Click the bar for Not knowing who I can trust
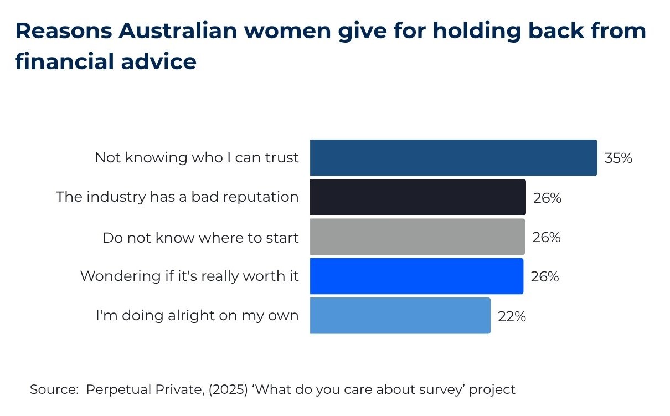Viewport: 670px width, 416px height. pyautogui.click(x=453, y=158)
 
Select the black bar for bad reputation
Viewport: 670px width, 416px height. pyautogui.click(x=418, y=197)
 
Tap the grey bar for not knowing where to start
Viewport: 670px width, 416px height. pyautogui.click(x=417, y=237)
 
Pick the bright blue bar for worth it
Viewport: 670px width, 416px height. pyautogui.click(x=416, y=276)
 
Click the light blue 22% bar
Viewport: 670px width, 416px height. pyautogui.click(x=400, y=316)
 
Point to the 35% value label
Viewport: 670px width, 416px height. pyautogui.click(x=618, y=158)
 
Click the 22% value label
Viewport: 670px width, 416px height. pyautogui.click(x=512, y=317)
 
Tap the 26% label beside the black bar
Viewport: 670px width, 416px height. pyautogui.click(x=547, y=198)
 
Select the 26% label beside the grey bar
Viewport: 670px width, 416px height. pyautogui.click(x=547, y=238)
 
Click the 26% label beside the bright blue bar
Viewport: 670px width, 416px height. pyautogui.click(x=545, y=276)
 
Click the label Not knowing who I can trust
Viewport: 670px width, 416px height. pyautogui.click(x=197, y=158)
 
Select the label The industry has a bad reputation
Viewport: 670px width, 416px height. pyautogui.click(x=177, y=197)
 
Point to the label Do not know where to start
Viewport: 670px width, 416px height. pyautogui.click(x=200, y=238)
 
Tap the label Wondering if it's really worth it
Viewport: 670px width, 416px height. pyautogui.click(x=189, y=276)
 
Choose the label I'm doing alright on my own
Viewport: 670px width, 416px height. pyautogui.click(x=197, y=316)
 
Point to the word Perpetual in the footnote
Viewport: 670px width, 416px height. pyautogui.click(x=114, y=390)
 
